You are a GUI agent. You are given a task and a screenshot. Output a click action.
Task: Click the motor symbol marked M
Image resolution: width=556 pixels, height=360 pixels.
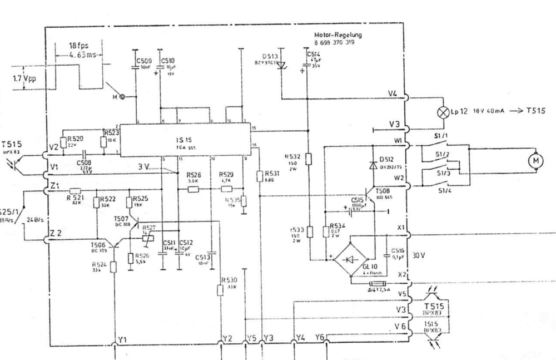coord(537,160)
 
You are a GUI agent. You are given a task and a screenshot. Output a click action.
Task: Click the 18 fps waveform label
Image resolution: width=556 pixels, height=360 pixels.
coord(78,46)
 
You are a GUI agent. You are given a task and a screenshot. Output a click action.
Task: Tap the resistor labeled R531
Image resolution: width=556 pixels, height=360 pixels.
coord(259,176)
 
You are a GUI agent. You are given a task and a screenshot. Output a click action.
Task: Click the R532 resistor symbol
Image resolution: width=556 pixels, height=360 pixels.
coord(309,159)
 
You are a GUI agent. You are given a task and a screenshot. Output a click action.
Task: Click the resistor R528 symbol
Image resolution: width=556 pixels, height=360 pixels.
coord(192,189)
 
